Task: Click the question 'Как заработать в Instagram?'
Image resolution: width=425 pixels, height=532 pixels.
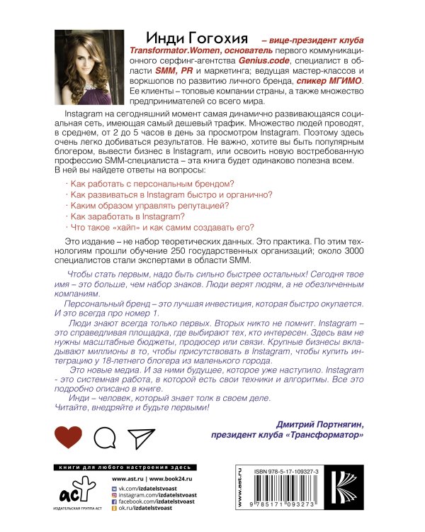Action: (x=123, y=215)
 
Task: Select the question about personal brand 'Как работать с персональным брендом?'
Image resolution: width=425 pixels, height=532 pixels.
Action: (x=145, y=183)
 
